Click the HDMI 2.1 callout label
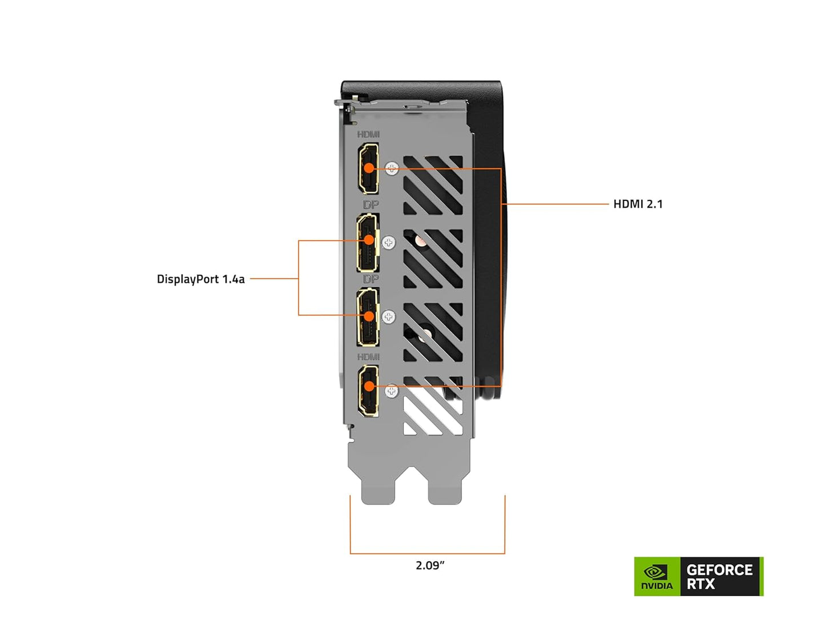click(x=638, y=204)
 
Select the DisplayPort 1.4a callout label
click(x=200, y=279)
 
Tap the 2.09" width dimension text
click(x=429, y=565)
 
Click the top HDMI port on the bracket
click(x=368, y=168)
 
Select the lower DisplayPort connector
click(x=368, y=317)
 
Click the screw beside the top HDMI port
click(x=392, y=168)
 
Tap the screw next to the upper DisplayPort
click(x=389, y=243)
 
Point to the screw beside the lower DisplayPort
click(x=389, y=317)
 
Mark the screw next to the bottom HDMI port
click(x=391, y=391)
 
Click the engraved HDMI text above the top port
click(x=368, y=135)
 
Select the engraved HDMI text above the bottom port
click(x=368, y=357)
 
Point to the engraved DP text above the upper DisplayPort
click(x=371, y=204)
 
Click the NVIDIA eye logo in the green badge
click(x=656, y=572)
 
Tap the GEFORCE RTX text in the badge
click(x=719, y=577)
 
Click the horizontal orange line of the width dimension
click(x=427, y=553)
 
